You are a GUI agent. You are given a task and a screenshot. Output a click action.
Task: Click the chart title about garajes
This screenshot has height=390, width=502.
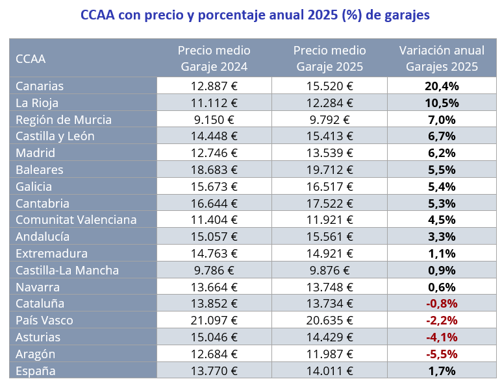pos(255,15)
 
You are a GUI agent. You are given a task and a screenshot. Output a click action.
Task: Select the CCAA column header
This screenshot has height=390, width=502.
pos(31,58)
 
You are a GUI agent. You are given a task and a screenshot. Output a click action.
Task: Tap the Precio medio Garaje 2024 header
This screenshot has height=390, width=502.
pos(214,58)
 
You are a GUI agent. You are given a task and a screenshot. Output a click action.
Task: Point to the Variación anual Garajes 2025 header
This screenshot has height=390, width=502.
pos(442,58)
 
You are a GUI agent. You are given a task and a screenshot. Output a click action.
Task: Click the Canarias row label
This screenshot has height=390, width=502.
pos(40,86)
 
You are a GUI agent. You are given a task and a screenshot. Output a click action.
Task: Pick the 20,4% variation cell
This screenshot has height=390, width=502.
pos(442,86)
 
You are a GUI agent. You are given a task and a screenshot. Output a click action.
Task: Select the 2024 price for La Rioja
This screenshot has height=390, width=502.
pos(214,103)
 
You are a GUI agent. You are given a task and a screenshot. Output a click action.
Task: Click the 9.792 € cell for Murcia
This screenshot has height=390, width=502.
pos(329,119)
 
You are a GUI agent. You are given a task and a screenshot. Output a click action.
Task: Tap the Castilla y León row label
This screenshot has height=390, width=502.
pos(55,136)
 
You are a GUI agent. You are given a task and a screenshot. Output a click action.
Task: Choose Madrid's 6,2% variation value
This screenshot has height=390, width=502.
pos(442,153)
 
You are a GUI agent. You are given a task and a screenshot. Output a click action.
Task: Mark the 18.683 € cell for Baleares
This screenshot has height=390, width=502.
pos(214,170)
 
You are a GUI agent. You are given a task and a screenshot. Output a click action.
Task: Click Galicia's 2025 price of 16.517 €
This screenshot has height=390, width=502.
pos(329,187)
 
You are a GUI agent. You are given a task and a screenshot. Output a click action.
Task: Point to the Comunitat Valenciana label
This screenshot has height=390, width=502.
pos(76,219)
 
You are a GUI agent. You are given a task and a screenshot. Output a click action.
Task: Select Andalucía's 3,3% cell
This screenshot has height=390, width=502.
pos(442,236)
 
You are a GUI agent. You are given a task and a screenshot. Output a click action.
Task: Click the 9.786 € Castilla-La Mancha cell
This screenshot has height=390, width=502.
pos(214,270)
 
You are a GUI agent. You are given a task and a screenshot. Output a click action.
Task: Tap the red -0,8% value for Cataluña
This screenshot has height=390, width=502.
pos(442,303)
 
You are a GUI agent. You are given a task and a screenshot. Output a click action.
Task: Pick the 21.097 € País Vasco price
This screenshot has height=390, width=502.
pos(214,320)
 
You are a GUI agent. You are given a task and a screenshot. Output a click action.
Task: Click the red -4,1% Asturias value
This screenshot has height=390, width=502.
pos(442,337)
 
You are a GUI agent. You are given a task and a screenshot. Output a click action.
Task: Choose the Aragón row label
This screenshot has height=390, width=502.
pos(36,354)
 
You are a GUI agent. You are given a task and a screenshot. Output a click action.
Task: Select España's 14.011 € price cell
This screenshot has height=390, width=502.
pos(329,371)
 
